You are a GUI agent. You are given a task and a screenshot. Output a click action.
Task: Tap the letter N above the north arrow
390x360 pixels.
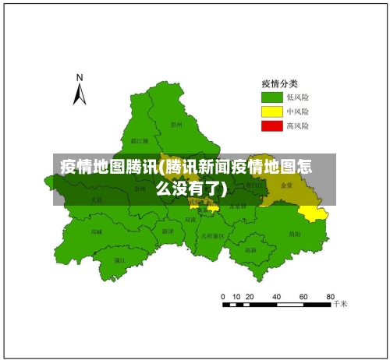(x=79, y=77)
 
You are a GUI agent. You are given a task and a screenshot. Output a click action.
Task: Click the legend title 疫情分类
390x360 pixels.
(x=278, y=83)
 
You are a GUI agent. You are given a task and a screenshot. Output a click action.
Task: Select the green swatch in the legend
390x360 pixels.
(x=271, y=97)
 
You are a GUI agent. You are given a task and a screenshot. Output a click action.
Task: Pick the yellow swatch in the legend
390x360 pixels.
(x=271, y=111)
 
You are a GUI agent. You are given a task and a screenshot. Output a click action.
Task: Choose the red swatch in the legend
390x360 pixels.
(x=271, y=125)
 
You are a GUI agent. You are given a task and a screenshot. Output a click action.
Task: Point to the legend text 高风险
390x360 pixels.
(x=298, y=125)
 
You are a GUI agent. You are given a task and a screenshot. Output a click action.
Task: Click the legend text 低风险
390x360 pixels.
(x=298, y=97)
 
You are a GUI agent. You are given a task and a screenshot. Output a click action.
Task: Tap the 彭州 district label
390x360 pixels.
(x=176, y=124)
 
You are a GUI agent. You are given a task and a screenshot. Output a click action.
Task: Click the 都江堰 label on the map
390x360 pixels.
(x=140, y=141)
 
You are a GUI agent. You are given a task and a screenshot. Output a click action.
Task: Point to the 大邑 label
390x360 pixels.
(x=96, y=200)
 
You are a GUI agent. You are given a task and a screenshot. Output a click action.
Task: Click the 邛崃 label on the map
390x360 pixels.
(x=97, y=232)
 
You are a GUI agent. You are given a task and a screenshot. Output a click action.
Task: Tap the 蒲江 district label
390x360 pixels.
(x=119, y=260)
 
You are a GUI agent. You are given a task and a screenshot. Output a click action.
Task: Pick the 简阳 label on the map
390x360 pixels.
(x=294, y=234)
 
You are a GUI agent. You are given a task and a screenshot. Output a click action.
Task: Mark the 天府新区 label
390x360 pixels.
(x=212, y=235)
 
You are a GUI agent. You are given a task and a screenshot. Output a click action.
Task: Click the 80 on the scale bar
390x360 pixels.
(x=331, y=297)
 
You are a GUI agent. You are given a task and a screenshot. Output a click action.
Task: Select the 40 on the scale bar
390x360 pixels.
(x=276, y=297)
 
